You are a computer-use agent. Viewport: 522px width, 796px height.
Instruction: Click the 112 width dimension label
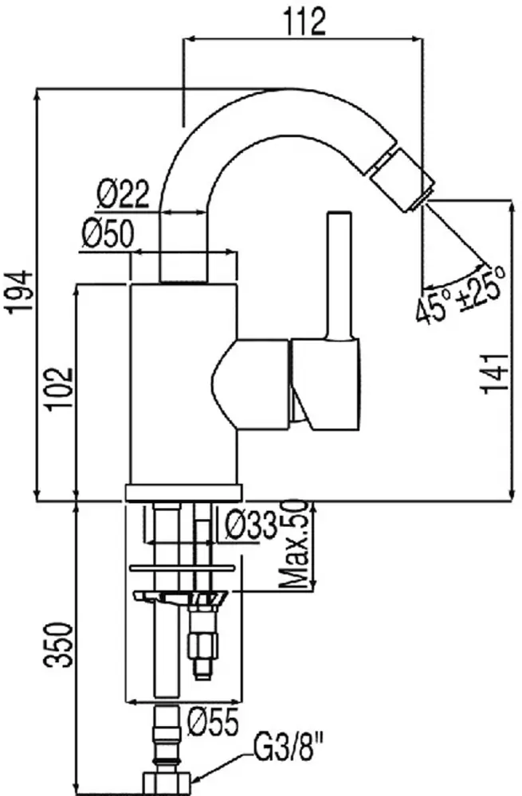point(304,22)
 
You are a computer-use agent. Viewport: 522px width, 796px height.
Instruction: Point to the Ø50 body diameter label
point(108,235)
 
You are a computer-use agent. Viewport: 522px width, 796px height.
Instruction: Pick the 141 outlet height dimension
point(495,373)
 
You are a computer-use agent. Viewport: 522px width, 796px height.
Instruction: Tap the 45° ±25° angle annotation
point(461,293)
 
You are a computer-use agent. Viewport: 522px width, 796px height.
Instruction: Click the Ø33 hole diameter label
point(250,525)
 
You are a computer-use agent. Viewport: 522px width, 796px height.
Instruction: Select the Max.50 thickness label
point(296,544)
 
